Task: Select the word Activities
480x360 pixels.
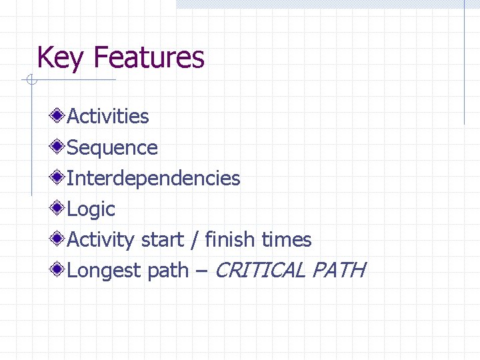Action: click(108, 117)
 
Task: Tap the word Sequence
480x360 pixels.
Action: click(113, 148)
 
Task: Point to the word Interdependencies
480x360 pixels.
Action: click(153, 178)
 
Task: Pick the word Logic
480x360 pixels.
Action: click(91, 209)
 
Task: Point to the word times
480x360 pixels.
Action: click(287, 239)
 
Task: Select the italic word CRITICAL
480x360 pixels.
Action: click(260, 270)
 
